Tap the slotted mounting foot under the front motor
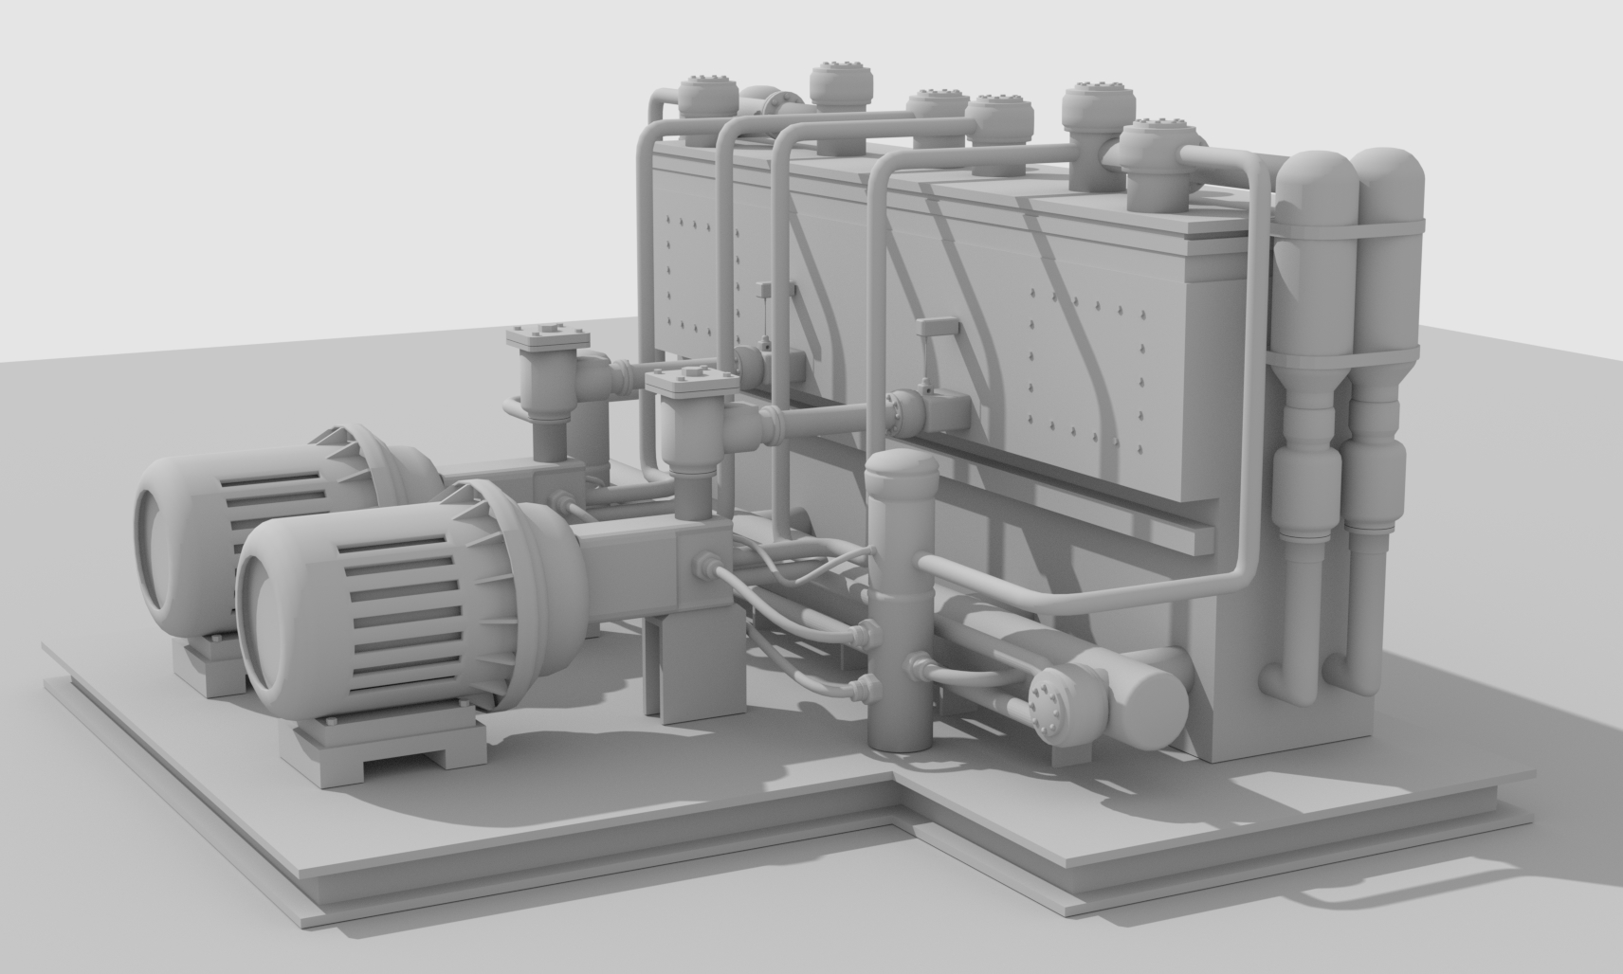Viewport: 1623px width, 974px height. click(x=384, y=744)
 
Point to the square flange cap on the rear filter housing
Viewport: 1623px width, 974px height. click(x=548, y=337)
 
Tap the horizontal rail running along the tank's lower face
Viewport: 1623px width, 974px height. click(x=1090, y=502)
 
